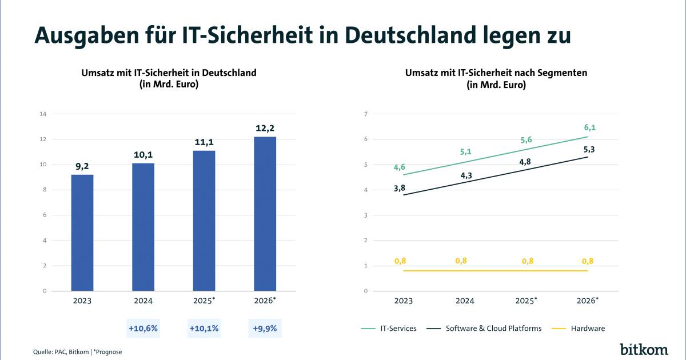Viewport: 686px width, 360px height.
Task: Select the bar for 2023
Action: tap(82, 233)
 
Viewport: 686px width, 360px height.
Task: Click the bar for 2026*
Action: tap(265, 214)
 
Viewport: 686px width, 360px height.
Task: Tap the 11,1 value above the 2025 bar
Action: tap(204, 142)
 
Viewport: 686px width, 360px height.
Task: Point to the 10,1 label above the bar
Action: tap(143, 154)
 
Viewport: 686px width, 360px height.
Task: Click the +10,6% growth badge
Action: tap(143, 329)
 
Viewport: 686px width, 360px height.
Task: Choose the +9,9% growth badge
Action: tap(265, 329)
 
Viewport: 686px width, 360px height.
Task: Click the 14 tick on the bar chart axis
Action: tap(42, 114)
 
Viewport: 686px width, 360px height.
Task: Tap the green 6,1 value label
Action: tap(589, 127)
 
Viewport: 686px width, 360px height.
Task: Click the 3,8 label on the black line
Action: tap(400, 187)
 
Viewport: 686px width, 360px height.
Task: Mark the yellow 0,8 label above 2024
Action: tap(461, 261)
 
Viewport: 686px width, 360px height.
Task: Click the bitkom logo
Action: tap(644, 349)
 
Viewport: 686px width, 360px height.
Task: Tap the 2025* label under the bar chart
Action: tap(205, 301)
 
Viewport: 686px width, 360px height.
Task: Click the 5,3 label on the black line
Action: tap(589, 150)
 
